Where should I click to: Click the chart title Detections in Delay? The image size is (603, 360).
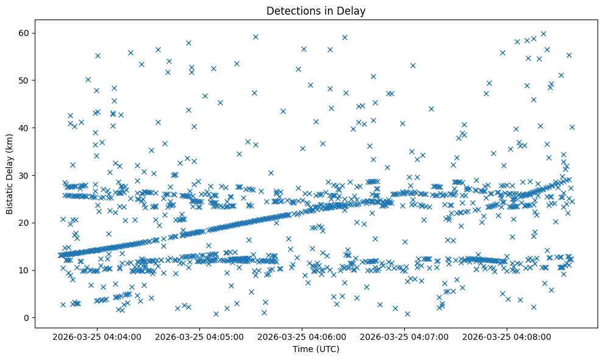point(315,10)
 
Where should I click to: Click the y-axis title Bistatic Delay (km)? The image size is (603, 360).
point(10,174)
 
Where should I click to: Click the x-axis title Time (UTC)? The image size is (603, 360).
point(315,349)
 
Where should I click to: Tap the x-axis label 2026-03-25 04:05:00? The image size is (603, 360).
point(200,336)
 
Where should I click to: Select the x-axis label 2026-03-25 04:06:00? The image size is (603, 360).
point(302,336)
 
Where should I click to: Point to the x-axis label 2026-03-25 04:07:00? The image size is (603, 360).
point(405,336)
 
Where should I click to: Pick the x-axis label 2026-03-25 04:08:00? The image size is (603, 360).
point(507,336)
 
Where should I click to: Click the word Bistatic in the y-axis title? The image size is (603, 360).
point(10,197)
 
